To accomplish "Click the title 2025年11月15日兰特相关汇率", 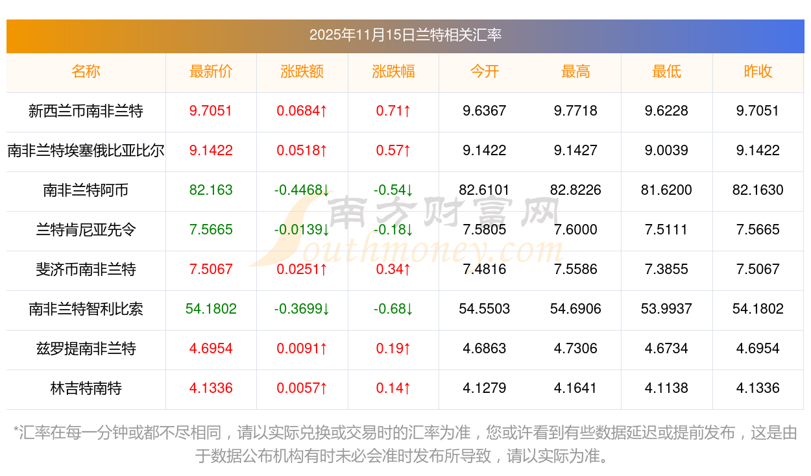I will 405,35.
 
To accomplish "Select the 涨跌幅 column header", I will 393,71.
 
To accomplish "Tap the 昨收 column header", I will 758,71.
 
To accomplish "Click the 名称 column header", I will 86,71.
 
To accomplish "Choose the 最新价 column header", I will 211,71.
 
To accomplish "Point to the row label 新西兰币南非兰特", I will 86,111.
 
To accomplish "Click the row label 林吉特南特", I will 86,388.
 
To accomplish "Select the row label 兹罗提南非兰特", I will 86,349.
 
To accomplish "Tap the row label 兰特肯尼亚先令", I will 86,230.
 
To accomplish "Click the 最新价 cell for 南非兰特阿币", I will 211,190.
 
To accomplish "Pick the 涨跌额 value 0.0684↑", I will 302,111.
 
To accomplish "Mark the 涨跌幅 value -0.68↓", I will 393,309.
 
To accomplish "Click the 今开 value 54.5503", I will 484,309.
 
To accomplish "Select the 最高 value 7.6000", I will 575,230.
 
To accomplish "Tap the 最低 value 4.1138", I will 666,388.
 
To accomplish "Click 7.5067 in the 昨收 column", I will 758,269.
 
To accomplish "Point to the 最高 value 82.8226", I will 575,190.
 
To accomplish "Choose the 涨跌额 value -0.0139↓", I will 302,230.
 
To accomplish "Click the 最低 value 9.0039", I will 666,151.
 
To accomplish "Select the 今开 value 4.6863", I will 484,349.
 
